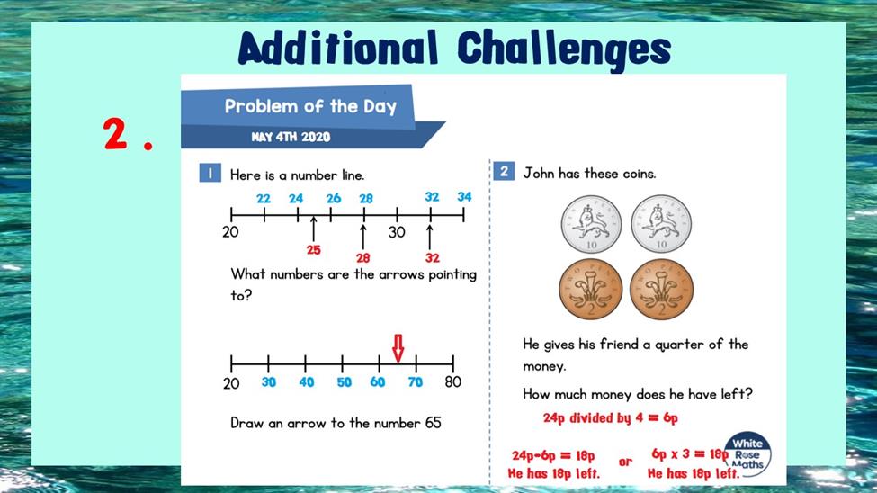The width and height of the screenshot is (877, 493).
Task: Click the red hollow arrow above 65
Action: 398,348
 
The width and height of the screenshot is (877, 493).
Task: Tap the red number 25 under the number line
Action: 313,250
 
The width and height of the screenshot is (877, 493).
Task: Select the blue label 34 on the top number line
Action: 464,197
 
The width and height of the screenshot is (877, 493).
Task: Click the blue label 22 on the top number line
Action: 264,199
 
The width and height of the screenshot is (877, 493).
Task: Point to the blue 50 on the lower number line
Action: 344,382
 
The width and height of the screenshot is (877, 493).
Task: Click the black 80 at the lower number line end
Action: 453,381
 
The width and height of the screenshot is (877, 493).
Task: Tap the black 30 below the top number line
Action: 397,232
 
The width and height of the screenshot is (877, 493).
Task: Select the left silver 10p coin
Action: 591,224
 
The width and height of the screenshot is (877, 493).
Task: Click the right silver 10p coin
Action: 661,224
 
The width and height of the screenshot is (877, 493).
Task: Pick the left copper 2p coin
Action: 591,290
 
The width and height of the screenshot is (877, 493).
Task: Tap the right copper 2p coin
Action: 662,290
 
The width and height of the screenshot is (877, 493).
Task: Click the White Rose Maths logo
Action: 747,453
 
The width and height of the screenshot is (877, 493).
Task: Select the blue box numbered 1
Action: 210,173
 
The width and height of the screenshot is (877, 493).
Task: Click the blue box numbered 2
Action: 504,171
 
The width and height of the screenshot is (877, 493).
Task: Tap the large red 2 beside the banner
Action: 115,134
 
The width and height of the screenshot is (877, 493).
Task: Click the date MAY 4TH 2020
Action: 291,137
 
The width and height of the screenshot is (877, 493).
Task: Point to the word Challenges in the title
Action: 564,49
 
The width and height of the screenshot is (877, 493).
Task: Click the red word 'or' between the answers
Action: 625,462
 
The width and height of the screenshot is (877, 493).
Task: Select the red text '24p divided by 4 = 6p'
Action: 610,418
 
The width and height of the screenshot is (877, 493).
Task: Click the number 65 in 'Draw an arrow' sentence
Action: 434,423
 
